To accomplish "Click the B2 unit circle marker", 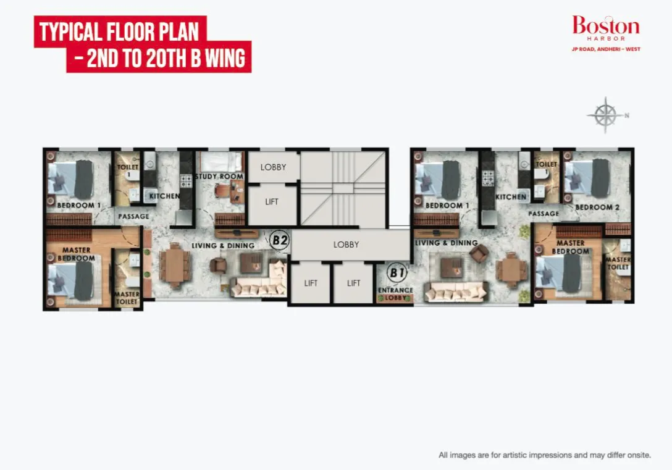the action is pyautogui.click(x=280, y=240).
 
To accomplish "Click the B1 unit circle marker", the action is pyautogui.click(x=397, y=272).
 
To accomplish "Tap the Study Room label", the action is pyautogui.click(x=219, y=176).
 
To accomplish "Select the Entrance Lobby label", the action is pyautogui.click(x=395, y=294).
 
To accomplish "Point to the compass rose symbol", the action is pyautogui.click(x=605, y=115).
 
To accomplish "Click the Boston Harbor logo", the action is pyautogui.click(x=606, y=28).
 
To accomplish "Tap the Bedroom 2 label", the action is pyautogui.click(x=597, y=208).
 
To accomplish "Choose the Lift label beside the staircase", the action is pyautogui.click(x=272, y=202).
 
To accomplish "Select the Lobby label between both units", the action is pyautogui.click(x=346, y=245).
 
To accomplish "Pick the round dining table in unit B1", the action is pyautogui.click(x=511, y=270).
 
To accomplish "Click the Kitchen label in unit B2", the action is pyautogui.click(x=164, y=196).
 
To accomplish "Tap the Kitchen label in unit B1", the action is pyautogui.click(x=511, y=196).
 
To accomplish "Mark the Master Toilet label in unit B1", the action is pyautogui.click(x=618, y=263).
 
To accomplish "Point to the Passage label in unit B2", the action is pyautogui.click(x=133, y=216).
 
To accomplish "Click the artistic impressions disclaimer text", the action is pyautogui.click(x=545, y=455).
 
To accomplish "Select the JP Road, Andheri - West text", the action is pyautogui.click(x=606, y=49).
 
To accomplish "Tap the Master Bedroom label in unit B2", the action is pyautogui.click(x=77, y=254).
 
